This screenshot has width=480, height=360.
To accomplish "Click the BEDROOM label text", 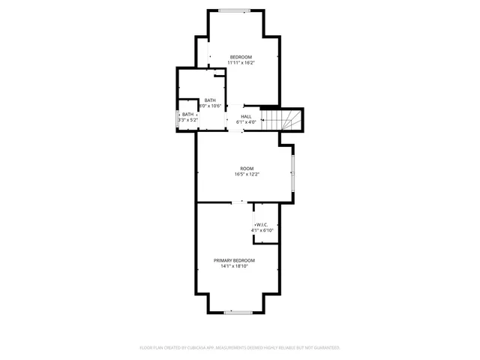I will coord(241,58).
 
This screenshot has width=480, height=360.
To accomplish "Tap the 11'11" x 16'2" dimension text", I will coord(241,63).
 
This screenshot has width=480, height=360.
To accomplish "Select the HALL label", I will coord(246,116).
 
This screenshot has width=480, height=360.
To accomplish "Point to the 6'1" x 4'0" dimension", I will coord(246,121).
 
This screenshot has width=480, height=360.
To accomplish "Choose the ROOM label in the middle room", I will coord(247,169).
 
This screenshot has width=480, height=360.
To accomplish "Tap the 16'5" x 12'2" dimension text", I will coord(247,174).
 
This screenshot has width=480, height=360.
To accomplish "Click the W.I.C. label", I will coord(262,225).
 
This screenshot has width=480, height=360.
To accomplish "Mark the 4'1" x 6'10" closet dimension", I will coord(262,230).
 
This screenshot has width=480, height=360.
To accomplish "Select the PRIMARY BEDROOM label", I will coord(234,260).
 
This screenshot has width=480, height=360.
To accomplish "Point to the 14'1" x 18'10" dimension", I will coord(234,265).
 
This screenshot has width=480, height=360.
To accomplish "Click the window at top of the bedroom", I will coord(235,10).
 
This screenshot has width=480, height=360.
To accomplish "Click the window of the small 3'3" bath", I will coord(177,117).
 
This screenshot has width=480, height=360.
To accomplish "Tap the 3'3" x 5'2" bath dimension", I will coord(187,120).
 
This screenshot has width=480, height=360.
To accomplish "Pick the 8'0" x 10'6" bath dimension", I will coord(210,106).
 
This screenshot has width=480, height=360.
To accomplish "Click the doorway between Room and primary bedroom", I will coord(237,202).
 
